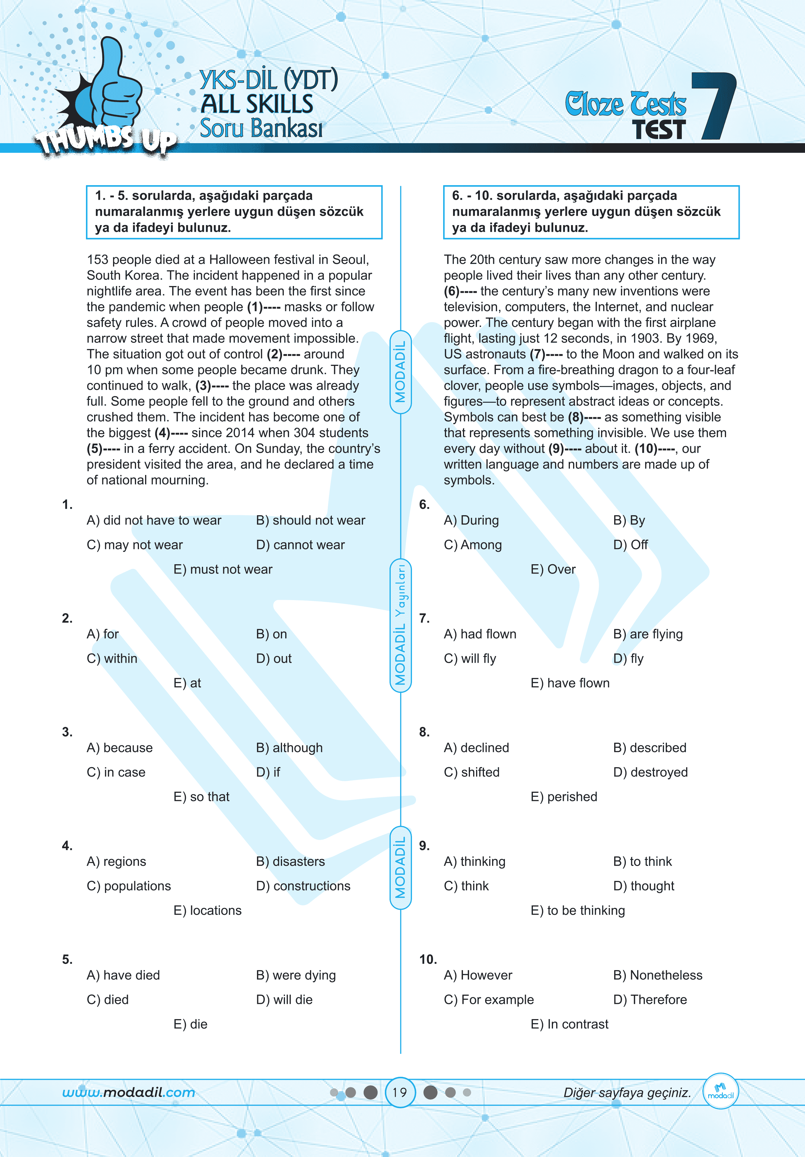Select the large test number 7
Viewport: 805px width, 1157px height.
point(714,106)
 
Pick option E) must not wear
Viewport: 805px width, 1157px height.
point(223,569)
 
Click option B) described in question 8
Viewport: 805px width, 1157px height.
point(649,748)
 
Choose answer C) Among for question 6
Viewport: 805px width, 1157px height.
point(473,545)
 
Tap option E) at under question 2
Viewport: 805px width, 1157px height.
point(187,683)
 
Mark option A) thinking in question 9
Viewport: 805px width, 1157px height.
point(474,861)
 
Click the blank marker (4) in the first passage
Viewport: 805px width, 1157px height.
point(162,433)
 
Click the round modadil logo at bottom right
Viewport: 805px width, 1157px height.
point(721,1091)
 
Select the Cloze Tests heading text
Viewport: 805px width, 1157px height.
point(625,104)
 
